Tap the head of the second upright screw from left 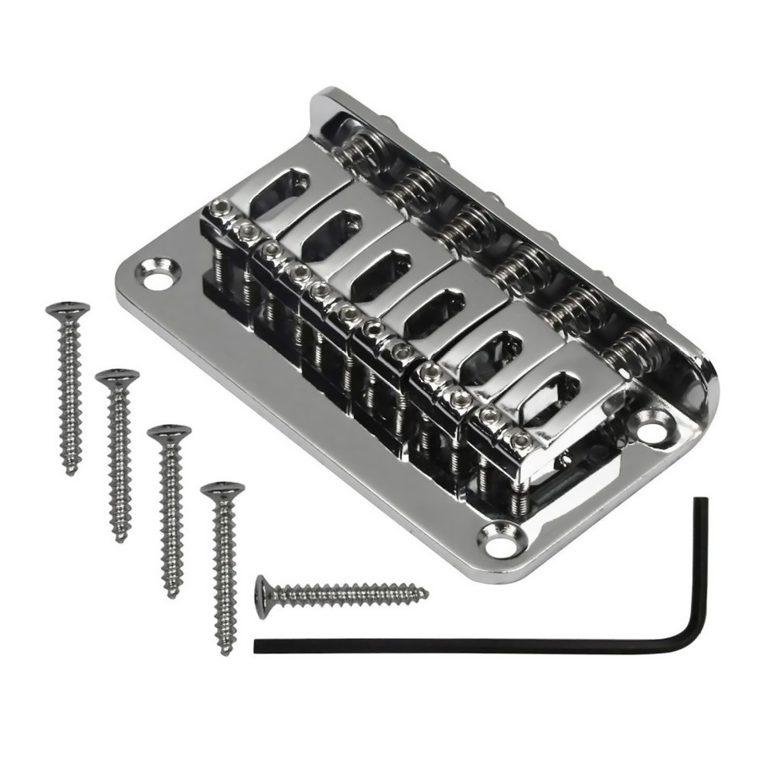pos(117,377)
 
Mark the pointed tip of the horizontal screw pos(426,594)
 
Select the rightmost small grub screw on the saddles pos(520,441)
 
